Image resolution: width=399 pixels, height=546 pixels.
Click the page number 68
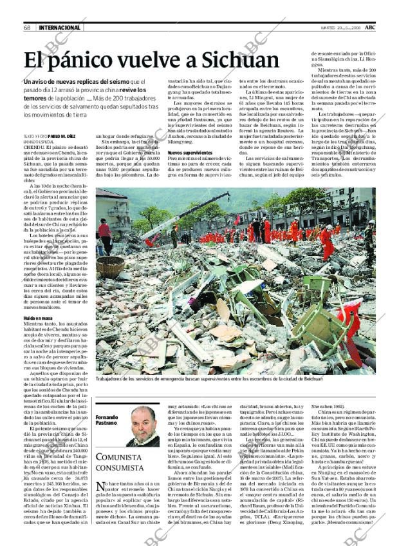[28, 28]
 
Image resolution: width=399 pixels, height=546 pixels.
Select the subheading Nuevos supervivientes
[190, 153]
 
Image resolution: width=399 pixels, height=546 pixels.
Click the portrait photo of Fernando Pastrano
[142, 425]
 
